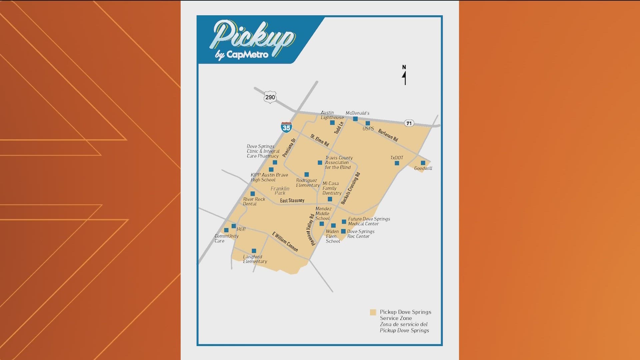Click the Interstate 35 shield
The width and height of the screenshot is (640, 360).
(286, 127)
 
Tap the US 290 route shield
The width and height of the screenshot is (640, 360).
(270, 97)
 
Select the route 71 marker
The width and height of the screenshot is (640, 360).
(409, 123)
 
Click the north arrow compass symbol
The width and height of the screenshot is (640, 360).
(404, 75)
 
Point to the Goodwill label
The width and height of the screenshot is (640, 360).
(423, 168)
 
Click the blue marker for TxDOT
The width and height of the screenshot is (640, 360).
(397, 163)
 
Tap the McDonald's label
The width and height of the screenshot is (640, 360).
(357, 113)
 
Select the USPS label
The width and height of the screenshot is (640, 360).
(368, 129)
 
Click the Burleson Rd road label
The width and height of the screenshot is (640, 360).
(388, 135)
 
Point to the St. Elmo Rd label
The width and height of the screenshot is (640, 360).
(320, 140)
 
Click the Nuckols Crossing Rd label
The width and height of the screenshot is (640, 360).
(350, 188)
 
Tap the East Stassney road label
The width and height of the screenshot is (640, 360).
(292, 200)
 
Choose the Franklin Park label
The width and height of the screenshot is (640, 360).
(280, 191)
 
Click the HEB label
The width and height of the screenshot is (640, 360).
(241, 229)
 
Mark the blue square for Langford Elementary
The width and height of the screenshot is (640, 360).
(254, 251)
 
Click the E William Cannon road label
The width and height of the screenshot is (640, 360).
(285, 242)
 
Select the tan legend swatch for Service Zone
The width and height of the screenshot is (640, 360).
(373, 312)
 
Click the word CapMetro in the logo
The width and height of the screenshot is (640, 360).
(247, 54)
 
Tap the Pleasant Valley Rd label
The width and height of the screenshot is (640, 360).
(310, 230)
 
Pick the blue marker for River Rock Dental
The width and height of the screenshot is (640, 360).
(253, 194)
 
